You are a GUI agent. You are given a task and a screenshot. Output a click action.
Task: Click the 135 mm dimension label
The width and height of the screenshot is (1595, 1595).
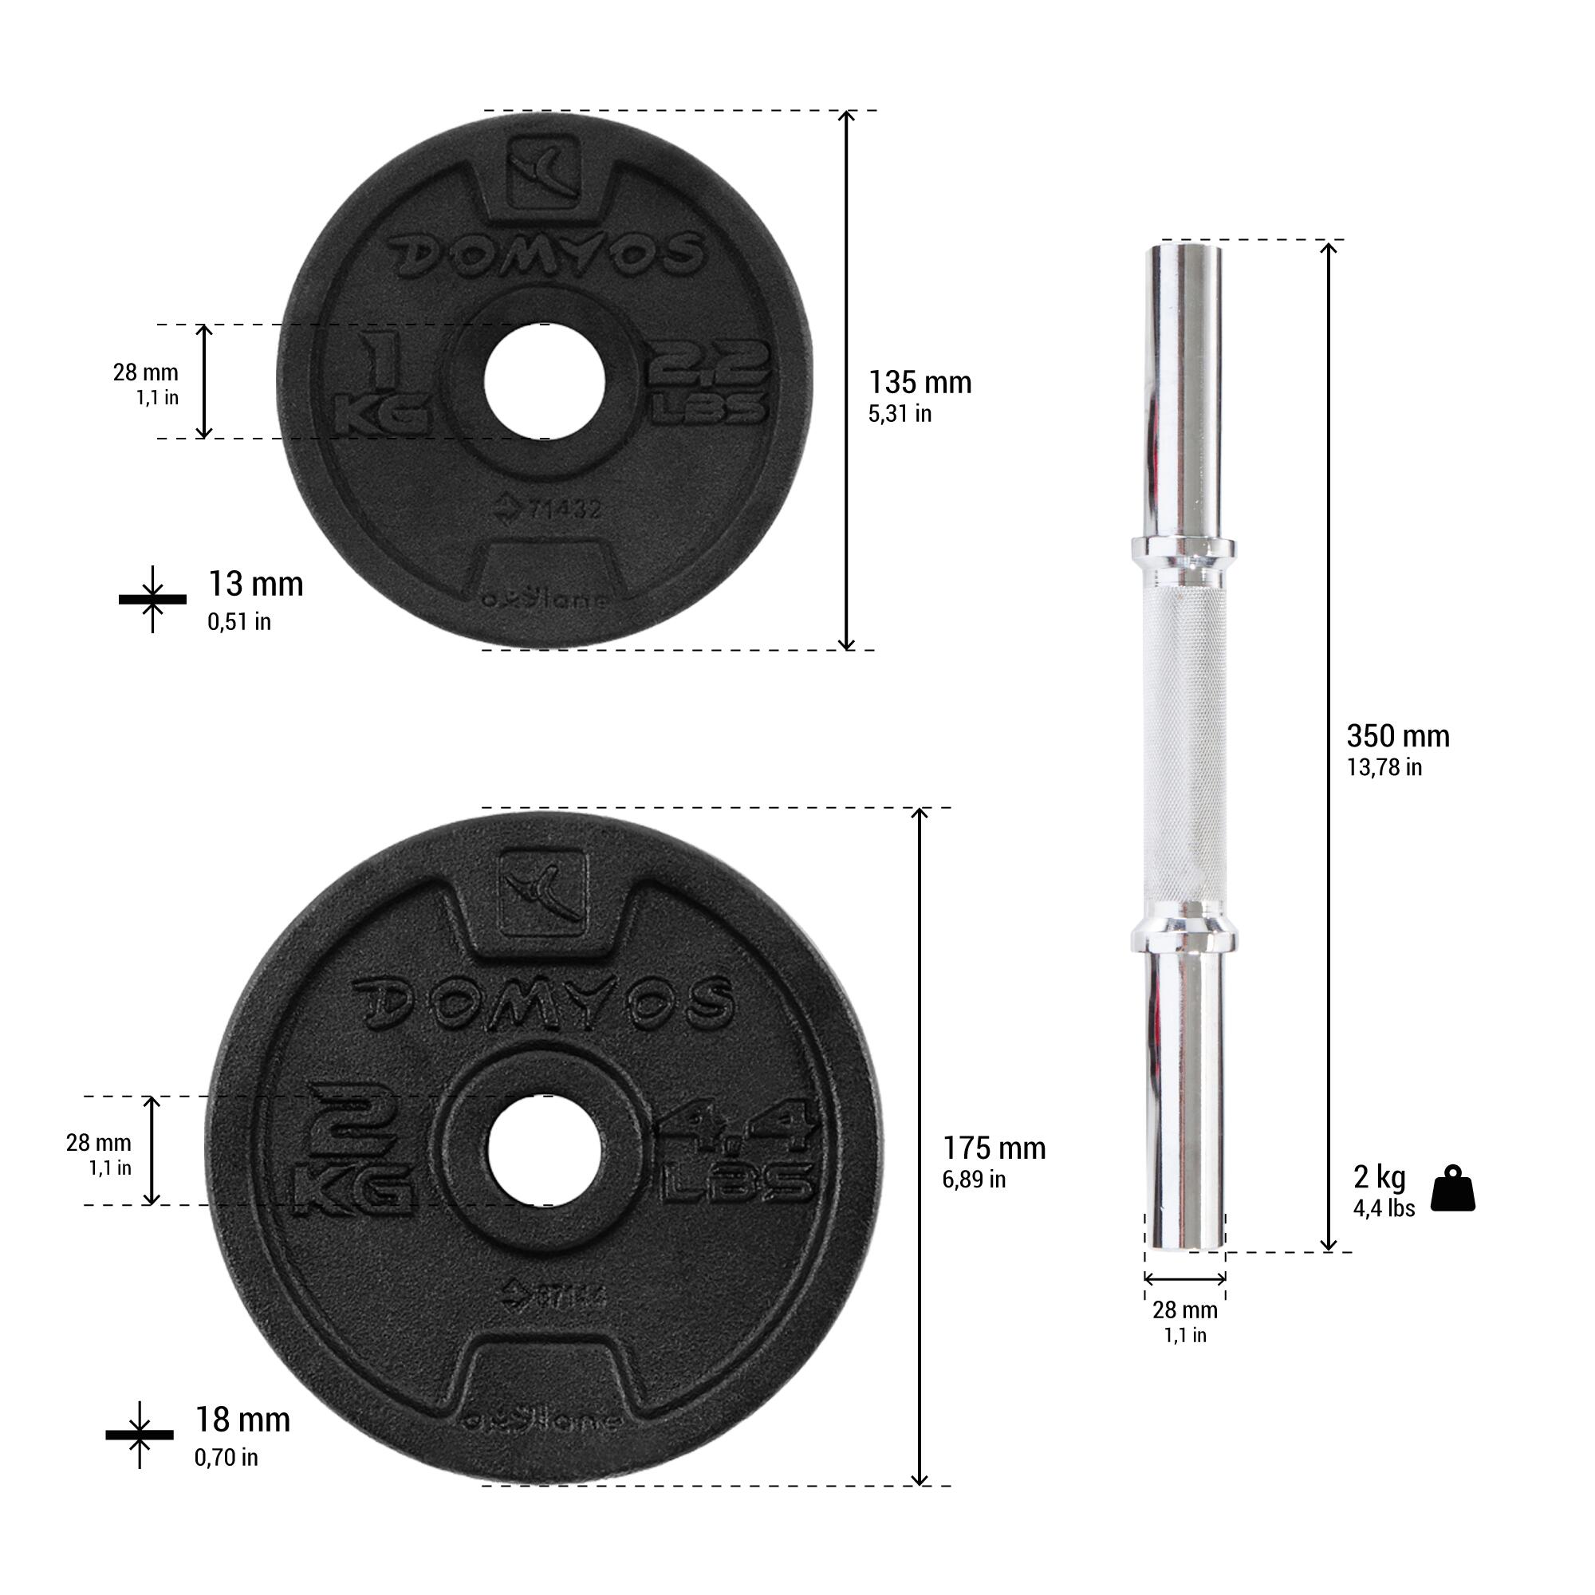click(x=919, y=383)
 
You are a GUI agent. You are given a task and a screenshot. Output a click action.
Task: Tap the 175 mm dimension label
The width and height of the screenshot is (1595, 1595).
click(x=994, y=1148)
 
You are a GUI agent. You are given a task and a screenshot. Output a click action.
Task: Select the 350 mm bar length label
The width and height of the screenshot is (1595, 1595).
click(x=1397, y=735)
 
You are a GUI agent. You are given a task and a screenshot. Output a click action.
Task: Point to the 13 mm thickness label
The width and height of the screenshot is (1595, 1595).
click(x=255, y=585)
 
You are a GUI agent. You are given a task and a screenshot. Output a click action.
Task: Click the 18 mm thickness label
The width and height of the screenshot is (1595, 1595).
click(x=242, y=1420)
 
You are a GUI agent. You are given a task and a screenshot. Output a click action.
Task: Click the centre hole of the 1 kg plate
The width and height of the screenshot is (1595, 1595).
click(x=545, y=382)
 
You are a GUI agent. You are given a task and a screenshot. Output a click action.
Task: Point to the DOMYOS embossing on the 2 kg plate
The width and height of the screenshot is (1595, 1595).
click(x=543, y=1002)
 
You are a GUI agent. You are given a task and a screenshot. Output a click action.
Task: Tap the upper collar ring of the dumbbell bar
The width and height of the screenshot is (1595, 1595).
click(x=1182, y=548)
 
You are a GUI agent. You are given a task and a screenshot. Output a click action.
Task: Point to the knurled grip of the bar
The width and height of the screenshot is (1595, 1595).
click(x=1183, y=743)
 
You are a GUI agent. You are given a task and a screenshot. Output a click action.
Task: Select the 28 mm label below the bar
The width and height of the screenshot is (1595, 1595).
click(x=1185, y=1309)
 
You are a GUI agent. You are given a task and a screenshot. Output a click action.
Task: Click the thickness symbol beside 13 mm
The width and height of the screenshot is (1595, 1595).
click(x=153, y=599)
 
